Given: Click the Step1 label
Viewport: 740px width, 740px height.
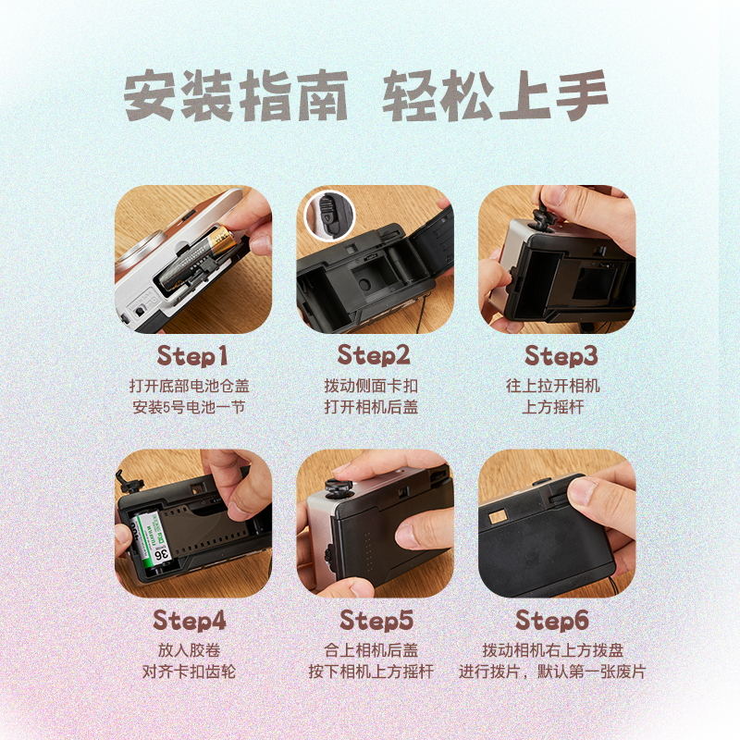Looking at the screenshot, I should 191,355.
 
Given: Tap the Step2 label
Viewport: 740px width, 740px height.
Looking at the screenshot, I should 374,355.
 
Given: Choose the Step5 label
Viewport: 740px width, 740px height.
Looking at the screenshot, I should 374,620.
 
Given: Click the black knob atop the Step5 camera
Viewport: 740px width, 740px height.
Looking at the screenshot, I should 339,487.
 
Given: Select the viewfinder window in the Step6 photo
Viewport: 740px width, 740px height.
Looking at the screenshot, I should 498,515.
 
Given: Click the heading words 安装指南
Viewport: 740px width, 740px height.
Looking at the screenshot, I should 236,96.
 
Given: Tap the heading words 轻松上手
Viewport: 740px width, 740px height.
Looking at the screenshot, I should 496,96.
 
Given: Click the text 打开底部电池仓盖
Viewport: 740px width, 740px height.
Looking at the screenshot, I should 189,385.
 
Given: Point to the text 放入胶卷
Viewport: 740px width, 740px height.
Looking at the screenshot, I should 189,649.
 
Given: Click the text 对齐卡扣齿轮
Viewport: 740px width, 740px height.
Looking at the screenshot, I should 189,672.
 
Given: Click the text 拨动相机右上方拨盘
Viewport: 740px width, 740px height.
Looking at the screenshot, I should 552,649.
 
